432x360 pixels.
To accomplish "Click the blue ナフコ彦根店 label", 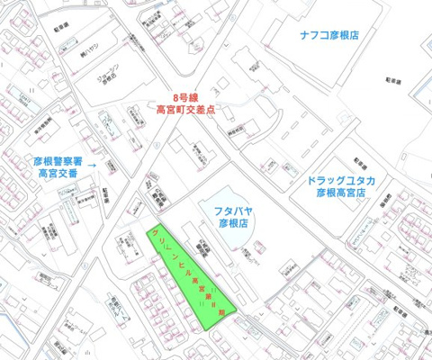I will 329,35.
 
